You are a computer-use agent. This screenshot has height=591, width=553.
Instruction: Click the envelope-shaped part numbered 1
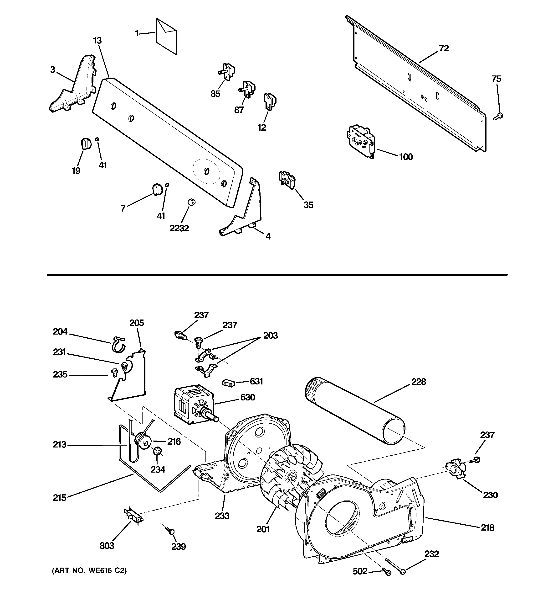166,36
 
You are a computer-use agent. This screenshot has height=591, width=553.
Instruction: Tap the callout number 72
444,48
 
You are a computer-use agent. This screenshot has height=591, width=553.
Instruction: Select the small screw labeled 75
498,117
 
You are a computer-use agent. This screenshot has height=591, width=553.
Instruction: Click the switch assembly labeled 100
361,141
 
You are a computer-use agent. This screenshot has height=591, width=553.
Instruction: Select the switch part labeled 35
287,180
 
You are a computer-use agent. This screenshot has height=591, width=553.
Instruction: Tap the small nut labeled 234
157,452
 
